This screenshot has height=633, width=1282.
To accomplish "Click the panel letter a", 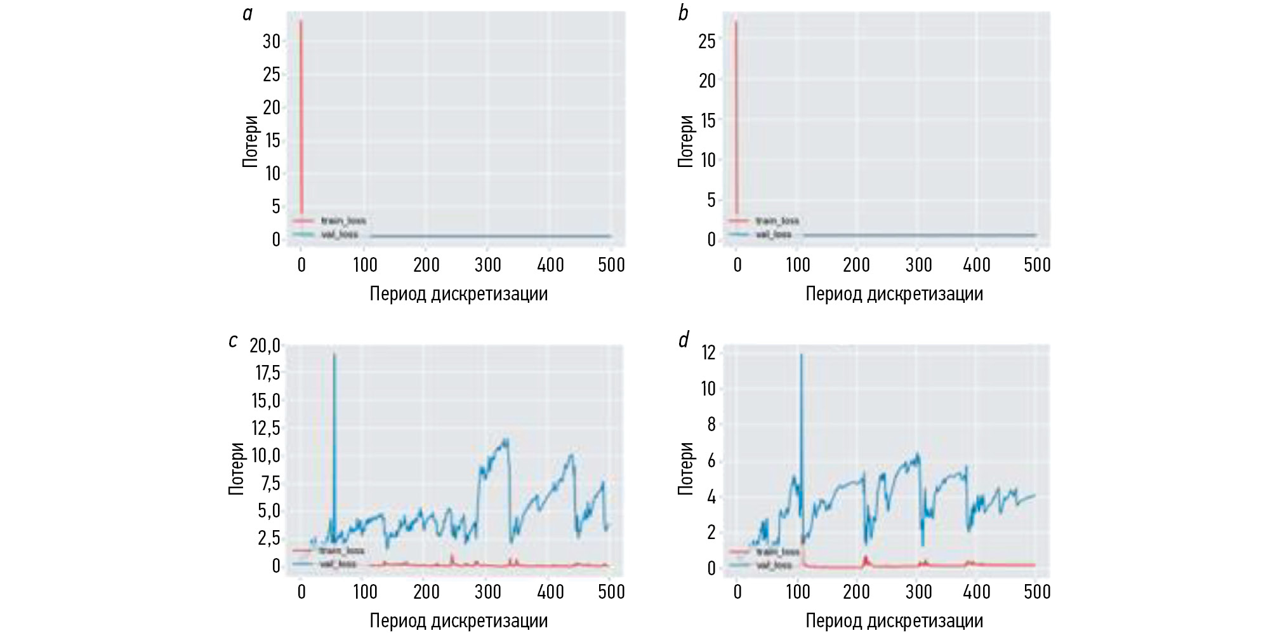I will tap(248, 13).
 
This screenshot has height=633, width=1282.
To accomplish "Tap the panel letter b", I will tap(683, 13).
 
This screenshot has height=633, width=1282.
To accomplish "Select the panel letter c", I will tap(233, 341).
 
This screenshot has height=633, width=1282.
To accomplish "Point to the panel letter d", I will tap(683, 341).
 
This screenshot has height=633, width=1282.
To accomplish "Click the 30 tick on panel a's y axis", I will tap(271, 41).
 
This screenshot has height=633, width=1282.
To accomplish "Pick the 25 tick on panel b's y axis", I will tap(706, 41).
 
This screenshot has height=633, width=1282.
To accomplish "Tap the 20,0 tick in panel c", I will tap(265, 345).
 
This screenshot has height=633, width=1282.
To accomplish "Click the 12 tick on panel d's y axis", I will tap(708, 352).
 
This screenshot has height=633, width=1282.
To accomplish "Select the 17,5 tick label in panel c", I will tap(267, 373).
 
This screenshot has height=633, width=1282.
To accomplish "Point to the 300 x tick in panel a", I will tap(487, 265).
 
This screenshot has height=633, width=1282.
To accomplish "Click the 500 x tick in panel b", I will tap(1037, 265).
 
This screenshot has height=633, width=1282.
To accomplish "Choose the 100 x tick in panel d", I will tap(798, 592).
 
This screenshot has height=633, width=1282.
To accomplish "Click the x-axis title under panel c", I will tap(458, 620).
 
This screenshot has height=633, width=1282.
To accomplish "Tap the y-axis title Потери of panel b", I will tap(685, 141).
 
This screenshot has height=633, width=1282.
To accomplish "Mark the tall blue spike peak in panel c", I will tap(334, 354).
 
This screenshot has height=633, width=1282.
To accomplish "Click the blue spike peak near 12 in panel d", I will tap(801, 354).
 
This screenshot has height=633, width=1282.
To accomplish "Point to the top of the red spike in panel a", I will tap(301, 20).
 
